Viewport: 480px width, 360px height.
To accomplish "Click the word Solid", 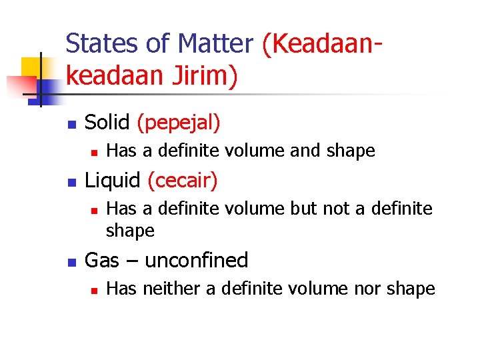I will pos(107,122).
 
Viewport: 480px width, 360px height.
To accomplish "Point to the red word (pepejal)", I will pos(178,123).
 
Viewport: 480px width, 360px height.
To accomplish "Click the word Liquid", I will pos(113,180).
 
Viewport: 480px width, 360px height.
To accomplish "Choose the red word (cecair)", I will pos(182,181).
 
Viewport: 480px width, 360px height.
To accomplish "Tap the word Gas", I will pos(102,260).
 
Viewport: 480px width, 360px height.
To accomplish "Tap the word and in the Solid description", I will pos(305,151).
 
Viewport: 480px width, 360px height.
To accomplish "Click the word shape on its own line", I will pos(131,231).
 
